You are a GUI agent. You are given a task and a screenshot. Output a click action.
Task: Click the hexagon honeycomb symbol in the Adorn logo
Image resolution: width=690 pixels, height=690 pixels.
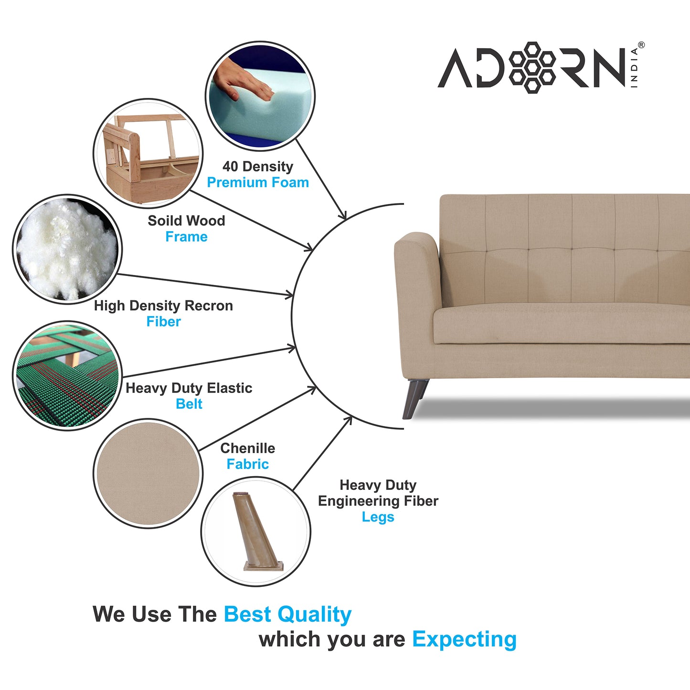532,67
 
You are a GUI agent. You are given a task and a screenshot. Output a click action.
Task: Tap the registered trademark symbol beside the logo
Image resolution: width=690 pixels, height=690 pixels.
641,45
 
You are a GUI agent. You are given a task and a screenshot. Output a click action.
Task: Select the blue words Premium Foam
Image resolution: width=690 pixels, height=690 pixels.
258,182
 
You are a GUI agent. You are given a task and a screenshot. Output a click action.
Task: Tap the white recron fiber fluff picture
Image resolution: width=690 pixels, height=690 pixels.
67,249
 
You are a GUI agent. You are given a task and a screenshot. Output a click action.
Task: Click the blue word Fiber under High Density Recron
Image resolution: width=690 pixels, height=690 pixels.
163,322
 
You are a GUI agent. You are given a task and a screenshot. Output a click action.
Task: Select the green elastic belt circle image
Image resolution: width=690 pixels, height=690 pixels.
67,375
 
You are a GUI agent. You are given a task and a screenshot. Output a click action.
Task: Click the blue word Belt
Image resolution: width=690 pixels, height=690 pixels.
189,404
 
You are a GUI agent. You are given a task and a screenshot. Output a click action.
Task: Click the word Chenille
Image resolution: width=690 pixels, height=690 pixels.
247,448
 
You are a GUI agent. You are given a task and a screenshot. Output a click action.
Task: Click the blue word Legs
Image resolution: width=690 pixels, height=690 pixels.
378,517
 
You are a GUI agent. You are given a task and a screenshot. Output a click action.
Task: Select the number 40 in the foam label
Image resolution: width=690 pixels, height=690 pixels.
230,167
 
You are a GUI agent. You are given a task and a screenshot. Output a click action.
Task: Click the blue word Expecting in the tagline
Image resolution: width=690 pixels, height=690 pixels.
464,639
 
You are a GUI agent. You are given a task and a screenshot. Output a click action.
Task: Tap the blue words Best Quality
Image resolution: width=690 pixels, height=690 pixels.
287,615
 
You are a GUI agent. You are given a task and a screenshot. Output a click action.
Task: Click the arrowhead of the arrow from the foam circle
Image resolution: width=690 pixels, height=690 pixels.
343,216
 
